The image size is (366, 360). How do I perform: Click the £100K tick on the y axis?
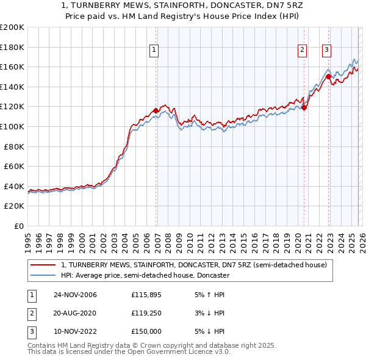pyautogui.click(x=12, y=126)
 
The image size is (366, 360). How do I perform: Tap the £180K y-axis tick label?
pyautogui.click(x=12, y=47)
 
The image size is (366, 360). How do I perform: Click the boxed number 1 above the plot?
pyautogui.click(x=154, y=50)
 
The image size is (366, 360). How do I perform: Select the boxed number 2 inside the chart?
pyautogui.click(x=302, y=50)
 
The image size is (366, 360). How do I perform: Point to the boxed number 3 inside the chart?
pyautogui.click(x=326, y=50)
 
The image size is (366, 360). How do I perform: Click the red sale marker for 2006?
pyautogui.click(x=156, y=110)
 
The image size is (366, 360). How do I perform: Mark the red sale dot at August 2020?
pyautogui.click(x=304, y=107)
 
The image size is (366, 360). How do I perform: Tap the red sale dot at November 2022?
pyautogui.click(x=328, y=77)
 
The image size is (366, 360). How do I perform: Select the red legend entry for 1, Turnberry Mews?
pyautogui.click(x=194, y=265)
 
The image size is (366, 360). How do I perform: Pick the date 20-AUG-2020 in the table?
pyautogui.click(x=75, y=313)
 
